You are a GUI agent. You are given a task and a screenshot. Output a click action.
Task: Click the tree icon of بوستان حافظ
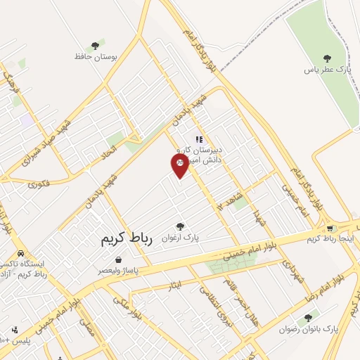tap(94, 46)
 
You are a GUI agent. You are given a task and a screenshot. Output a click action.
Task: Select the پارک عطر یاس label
tap(326, 70)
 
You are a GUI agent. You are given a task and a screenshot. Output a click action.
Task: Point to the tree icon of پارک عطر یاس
tap(326, 58)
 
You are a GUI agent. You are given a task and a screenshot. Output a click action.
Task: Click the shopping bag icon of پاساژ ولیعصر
tap(118, 259)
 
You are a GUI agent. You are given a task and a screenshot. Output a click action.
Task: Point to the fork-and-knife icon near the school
tap(199, 139)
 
